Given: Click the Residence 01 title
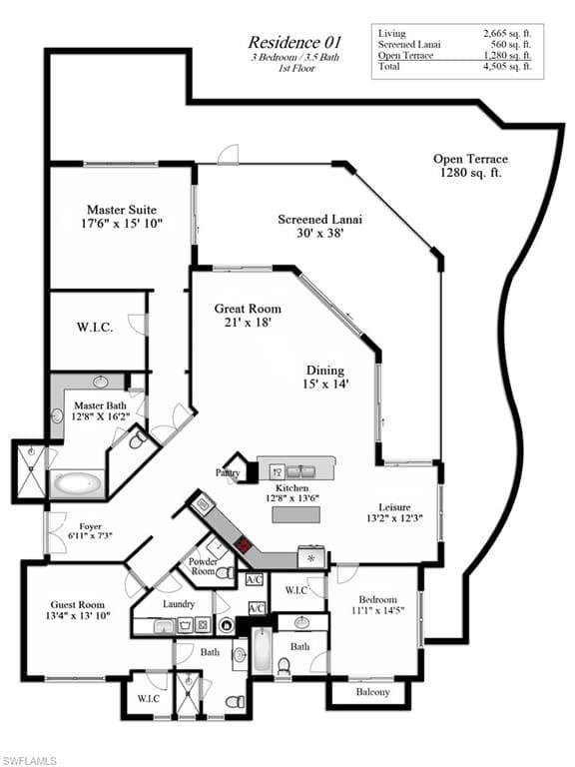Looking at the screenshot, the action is coord(294,42).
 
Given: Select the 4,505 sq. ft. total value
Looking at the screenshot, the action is coord(507,67).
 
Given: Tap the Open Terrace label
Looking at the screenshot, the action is coord(470,159).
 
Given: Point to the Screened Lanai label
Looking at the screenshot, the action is coord(319,220).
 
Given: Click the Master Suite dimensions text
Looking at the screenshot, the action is coord(122,224).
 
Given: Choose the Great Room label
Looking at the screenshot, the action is coord(248,309).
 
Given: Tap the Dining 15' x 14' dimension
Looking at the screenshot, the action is coord(325,383).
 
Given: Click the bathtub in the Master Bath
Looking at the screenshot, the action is coord(78,483).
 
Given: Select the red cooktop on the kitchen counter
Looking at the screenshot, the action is coord(243,544).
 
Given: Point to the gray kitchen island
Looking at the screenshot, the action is coord(295,514).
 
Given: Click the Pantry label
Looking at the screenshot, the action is coord(228,472).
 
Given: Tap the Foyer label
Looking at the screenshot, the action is coord(91,526).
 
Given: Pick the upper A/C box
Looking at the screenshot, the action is coord(255,580).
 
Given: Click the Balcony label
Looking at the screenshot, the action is coord(372,692).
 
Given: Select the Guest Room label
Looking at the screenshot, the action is coord(77,604).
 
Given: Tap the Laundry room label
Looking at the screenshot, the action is coord(179,604).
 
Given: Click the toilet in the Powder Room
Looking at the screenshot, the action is coord(225,572).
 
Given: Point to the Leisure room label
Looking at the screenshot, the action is coord(394,507).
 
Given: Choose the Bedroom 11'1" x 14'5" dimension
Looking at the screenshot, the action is coord(378,610).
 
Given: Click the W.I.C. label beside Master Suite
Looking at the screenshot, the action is coord(95,328).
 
